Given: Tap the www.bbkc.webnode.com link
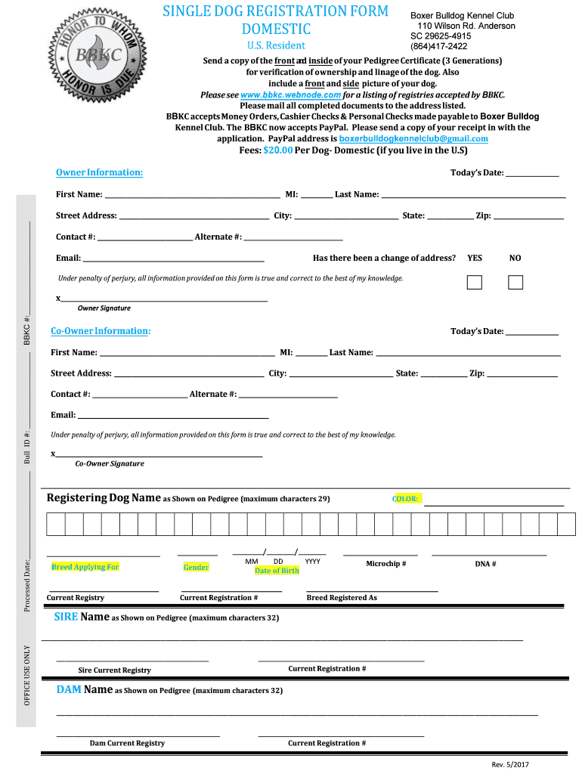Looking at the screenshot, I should click(291, 95).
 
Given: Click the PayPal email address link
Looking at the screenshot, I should click(413, 139).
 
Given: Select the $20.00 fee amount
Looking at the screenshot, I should click(277, 150).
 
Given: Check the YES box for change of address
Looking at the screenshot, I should click(475, 283).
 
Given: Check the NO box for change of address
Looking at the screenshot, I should click(515, 283).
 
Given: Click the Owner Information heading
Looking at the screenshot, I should click(99, 172).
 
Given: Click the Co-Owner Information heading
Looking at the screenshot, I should click(101, 331).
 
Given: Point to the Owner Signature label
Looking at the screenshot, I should click(104, 308).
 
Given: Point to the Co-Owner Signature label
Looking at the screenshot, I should click(110, 463).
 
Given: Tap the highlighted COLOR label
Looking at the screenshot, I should click(406, 499).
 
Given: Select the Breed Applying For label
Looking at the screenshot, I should click(85, 567).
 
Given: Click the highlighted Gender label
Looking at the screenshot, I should click(196, 567).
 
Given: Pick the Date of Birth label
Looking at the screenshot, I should click(277, 571).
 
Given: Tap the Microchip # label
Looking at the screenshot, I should click(386, 564).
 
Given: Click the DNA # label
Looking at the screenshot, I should click(485, 564).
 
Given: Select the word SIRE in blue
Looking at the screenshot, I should click(66, 617).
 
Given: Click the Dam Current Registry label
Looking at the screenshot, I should click(127, 743).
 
